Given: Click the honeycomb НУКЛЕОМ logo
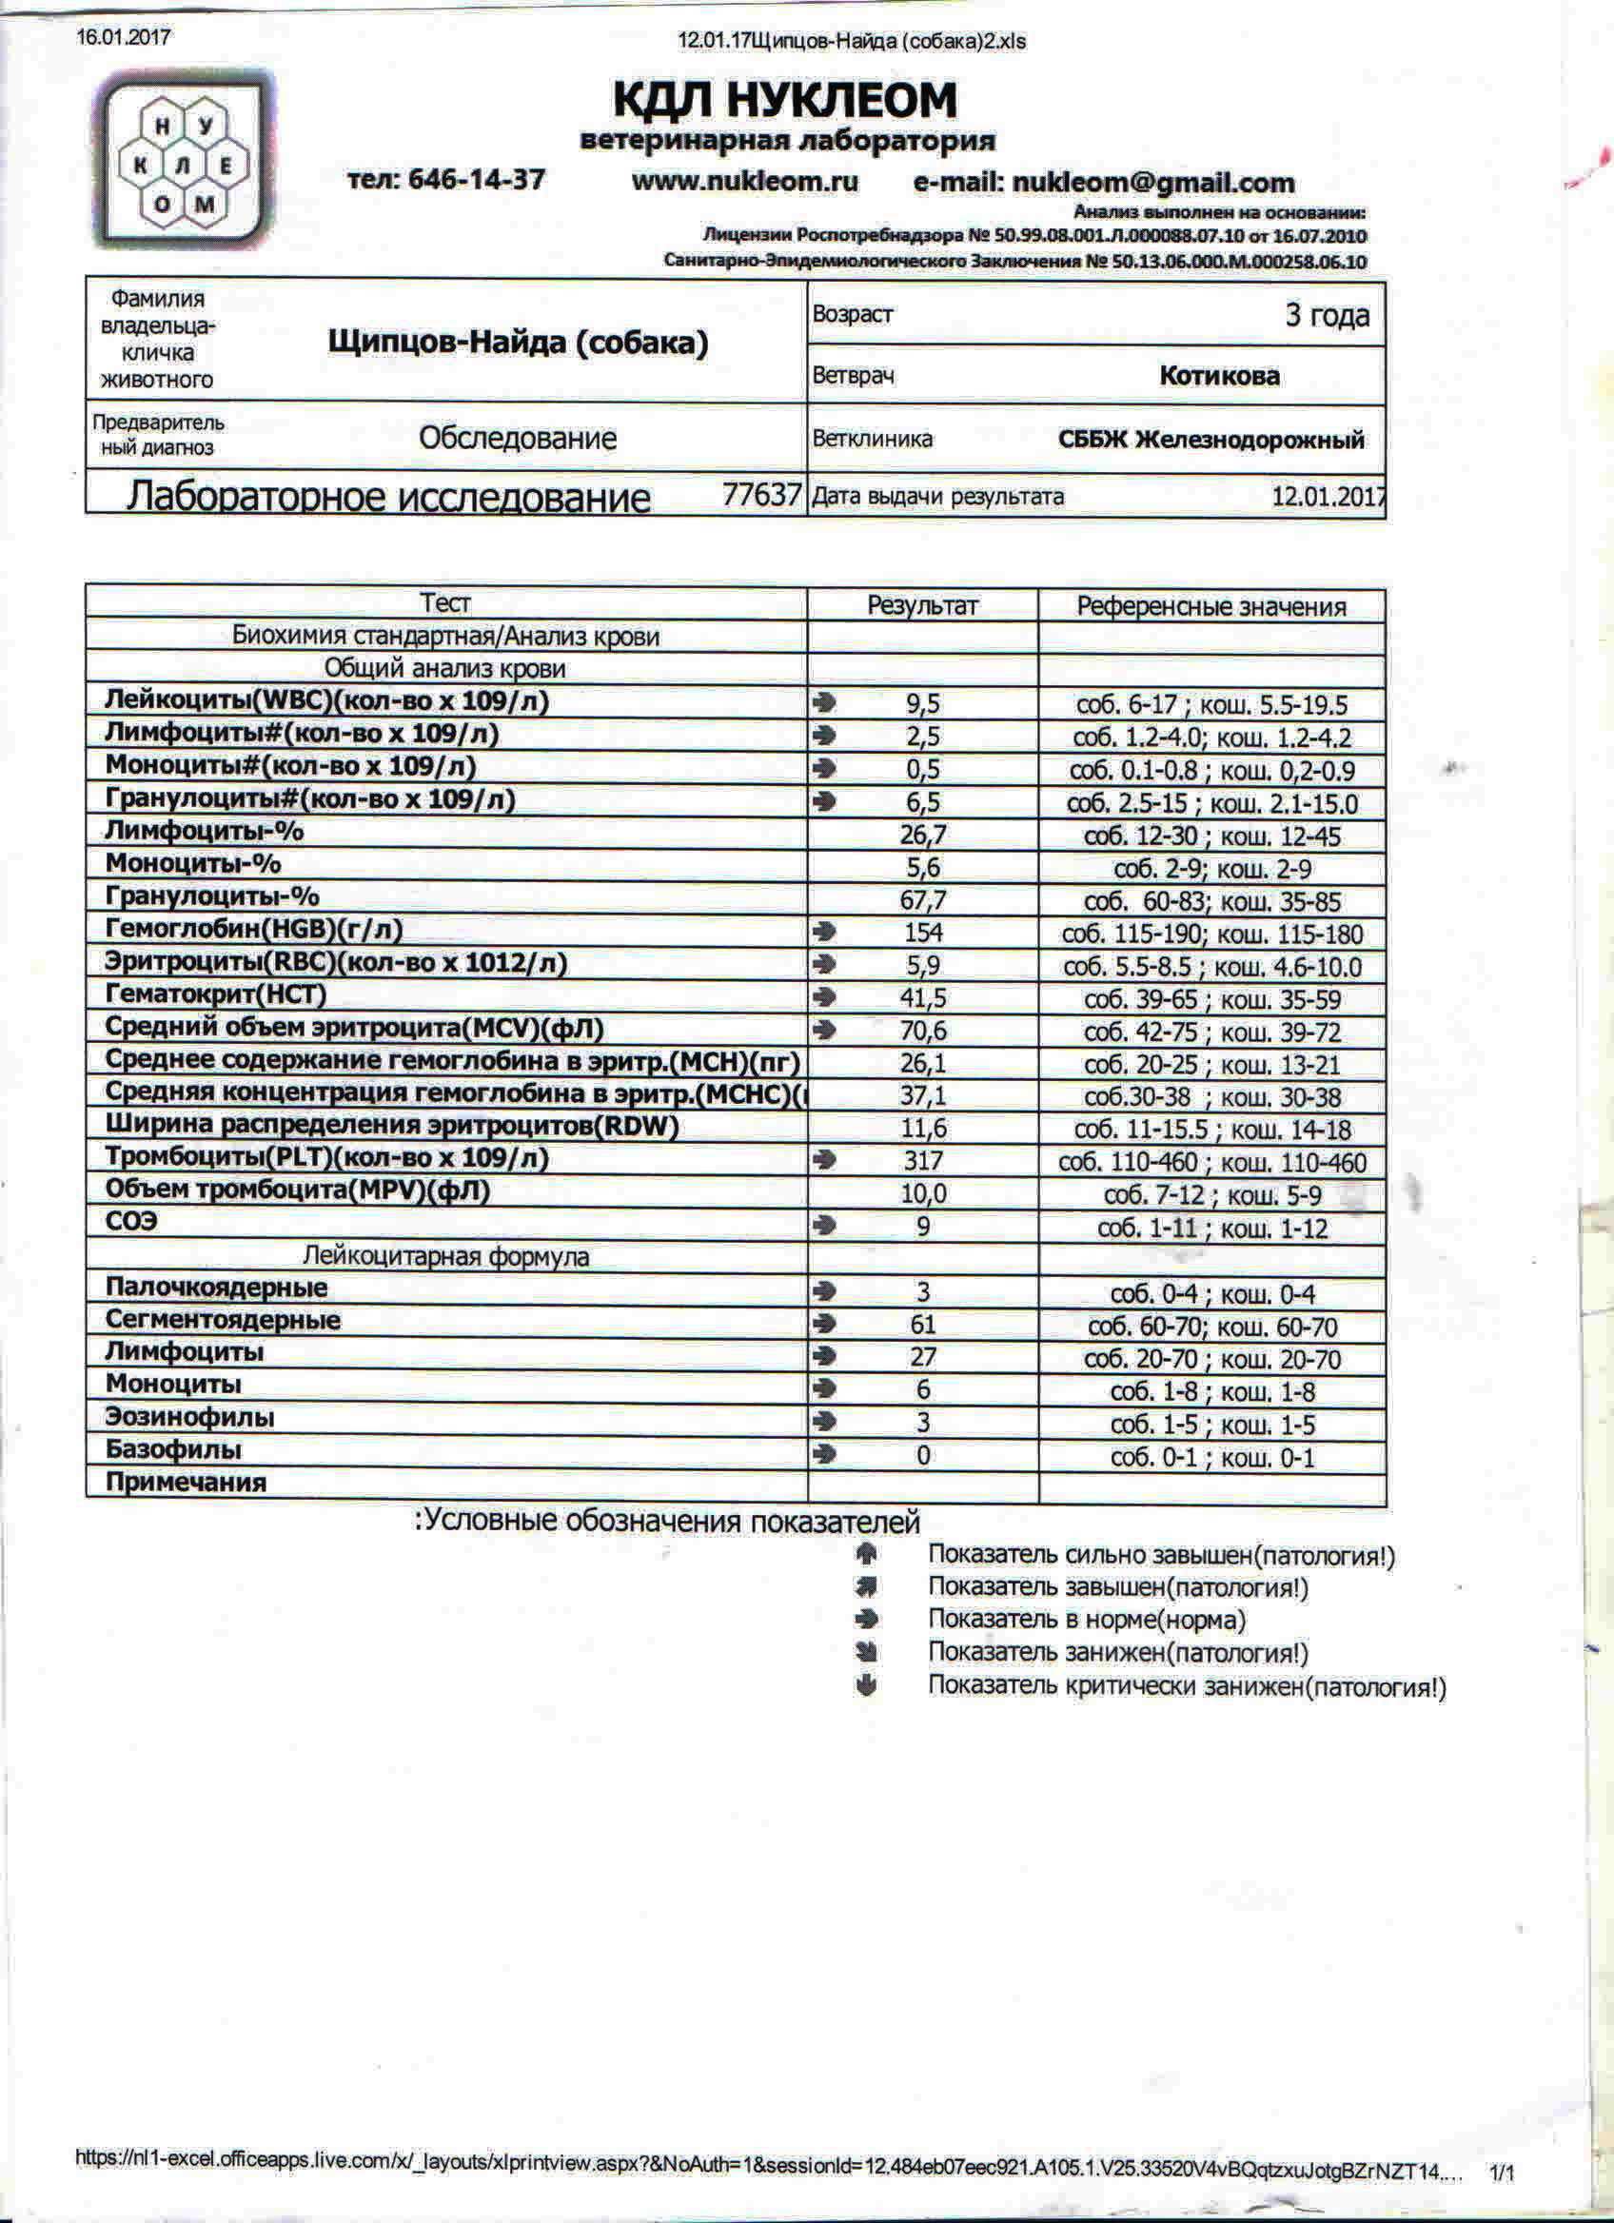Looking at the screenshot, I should (x=185, y=163).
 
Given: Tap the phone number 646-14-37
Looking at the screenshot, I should (x=475, y=181).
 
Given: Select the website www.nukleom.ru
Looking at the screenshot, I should (x=745, y=182).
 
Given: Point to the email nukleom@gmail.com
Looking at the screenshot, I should (x=1152, y=184).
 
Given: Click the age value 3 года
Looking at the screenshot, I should (x=1327, y=316).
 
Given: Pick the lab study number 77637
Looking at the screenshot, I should (x=761, y=495).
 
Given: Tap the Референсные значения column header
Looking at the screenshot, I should (x=1211, y=607).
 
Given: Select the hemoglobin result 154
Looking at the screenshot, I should (x=923, y=933).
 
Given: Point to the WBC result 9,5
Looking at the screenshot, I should (x=923, y=704).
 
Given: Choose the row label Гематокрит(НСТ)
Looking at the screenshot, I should (x=216, y=994).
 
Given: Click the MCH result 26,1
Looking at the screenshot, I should (x=923, y=1063).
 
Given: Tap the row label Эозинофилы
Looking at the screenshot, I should (x=190, y=1417).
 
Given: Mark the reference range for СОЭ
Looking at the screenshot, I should (x=1212, y=1229).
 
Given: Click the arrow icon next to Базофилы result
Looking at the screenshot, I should (x=825, y=1454).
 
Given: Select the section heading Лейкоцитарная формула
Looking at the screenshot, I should (x=446, y=1256).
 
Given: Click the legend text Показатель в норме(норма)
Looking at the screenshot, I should (x=1087, y=1620).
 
